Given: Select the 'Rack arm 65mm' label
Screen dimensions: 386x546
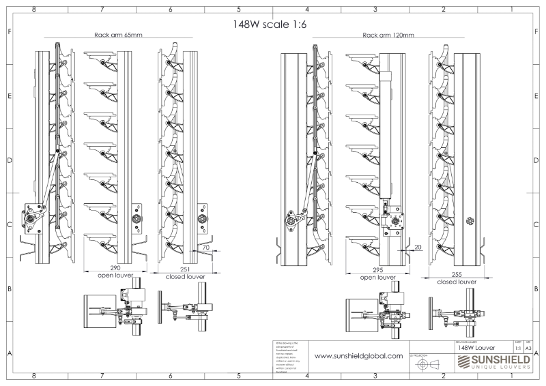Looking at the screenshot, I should click(x=118, y=34).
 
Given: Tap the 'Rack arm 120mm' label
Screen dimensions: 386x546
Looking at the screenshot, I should click(x=387, y=34).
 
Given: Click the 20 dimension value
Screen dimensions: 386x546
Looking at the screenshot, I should click(x=418, y=247).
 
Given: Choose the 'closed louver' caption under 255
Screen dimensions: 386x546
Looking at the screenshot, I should click(x=457, y=281).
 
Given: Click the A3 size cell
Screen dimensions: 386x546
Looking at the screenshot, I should click(x=528, y=347).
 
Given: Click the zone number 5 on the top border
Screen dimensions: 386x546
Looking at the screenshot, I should click(x=239, y=11).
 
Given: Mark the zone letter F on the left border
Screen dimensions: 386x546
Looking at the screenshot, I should click(x=9, y=32).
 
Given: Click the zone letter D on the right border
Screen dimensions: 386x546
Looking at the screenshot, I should click(x=537, y=161).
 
